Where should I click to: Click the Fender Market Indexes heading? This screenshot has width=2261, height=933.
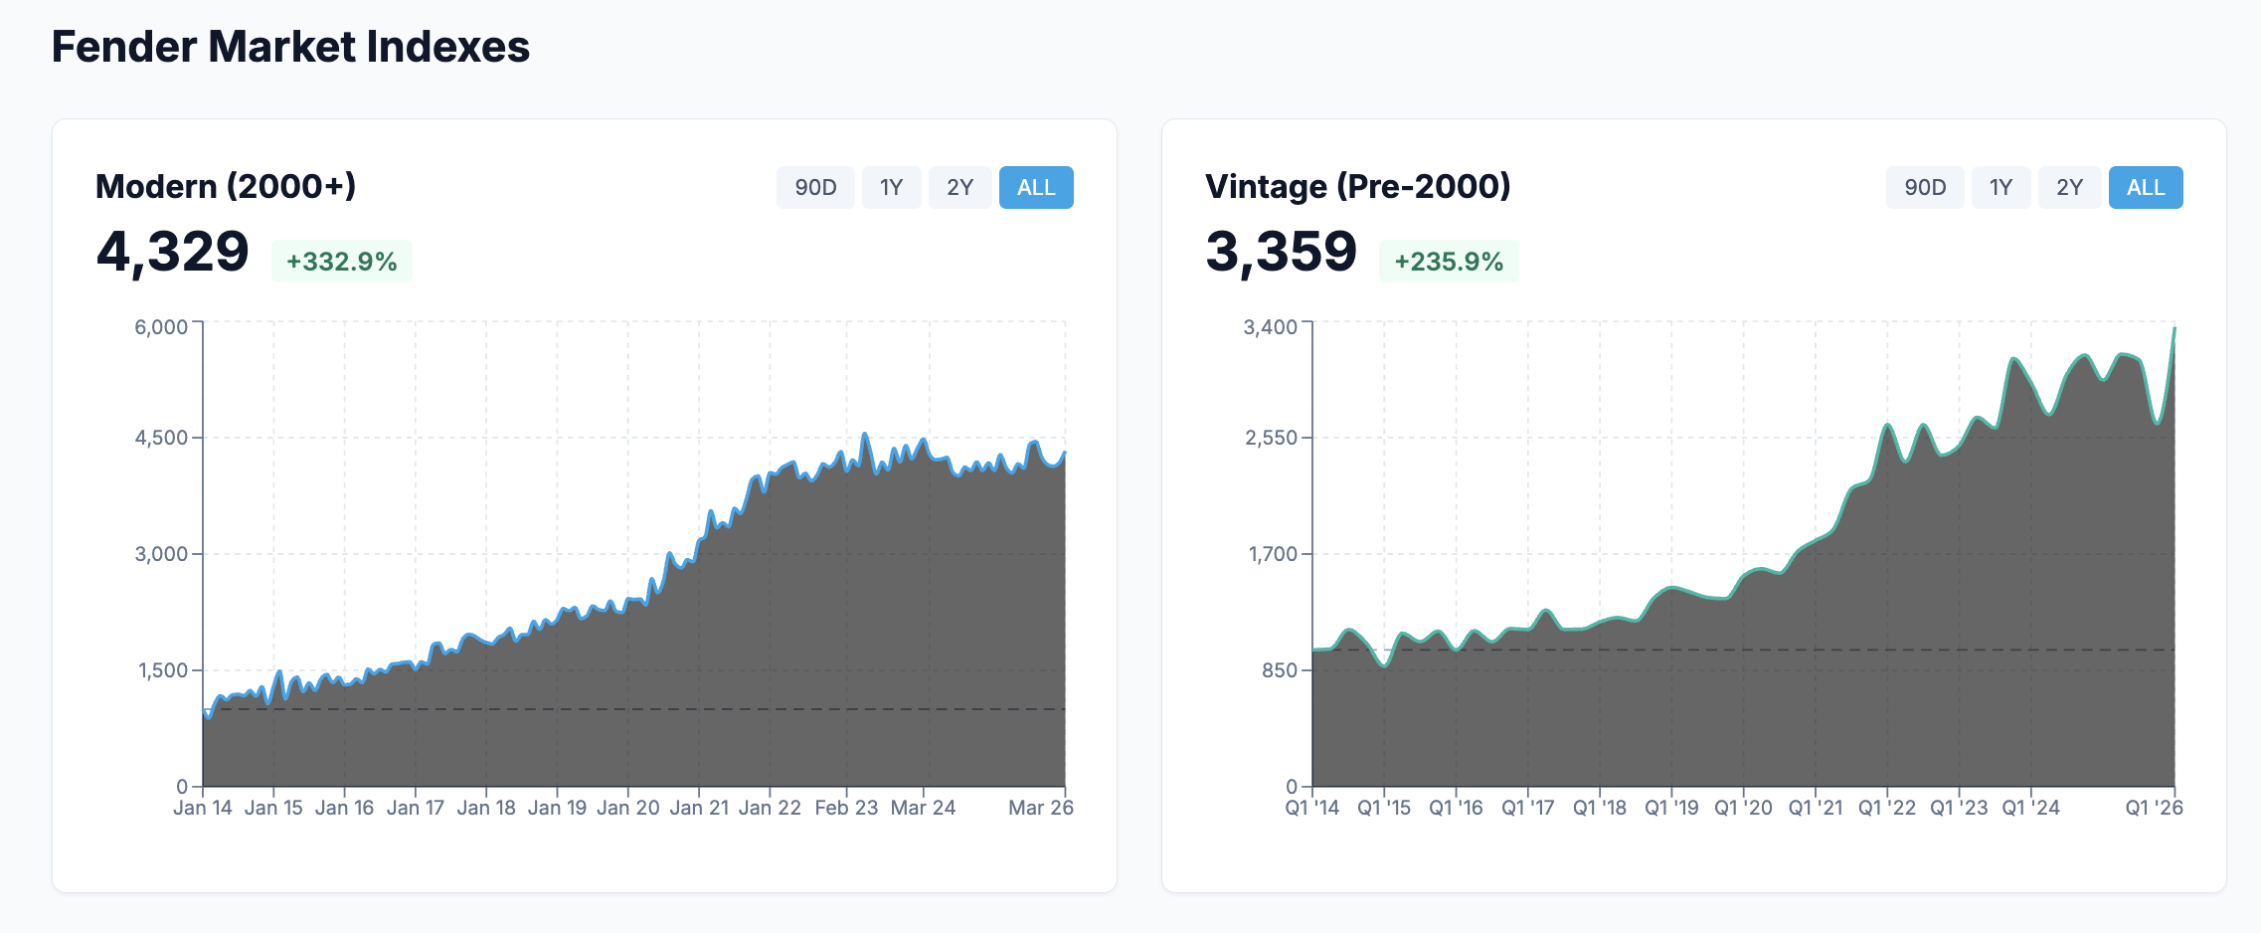[290, 47]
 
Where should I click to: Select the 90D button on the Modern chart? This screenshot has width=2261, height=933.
[815, 187]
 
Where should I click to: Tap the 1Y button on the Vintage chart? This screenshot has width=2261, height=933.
[2000, 187]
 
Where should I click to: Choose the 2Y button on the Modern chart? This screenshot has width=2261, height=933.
[959, 187]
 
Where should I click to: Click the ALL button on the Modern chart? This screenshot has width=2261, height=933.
[1036, 187]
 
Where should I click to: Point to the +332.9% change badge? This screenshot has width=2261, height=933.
[342, 262]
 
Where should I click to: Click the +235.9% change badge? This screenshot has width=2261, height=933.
[1449, 262]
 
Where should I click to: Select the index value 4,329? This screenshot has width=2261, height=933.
[173, 252]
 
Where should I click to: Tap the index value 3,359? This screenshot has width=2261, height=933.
[1282, 252]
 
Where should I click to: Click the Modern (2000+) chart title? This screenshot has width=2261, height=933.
[226, 186]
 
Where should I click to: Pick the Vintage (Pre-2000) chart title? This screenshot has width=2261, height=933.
[1358, 186]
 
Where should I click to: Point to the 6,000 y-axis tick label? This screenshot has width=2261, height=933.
[161, 327]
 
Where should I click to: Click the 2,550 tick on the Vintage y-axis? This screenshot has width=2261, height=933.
[1271, 438]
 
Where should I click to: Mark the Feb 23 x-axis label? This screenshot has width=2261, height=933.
[846, 808]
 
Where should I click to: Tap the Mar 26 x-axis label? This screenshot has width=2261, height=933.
[1041, 808]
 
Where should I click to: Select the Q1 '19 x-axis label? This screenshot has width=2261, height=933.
[1671, 808]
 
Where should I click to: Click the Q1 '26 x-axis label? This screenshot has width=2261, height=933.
[2154, 808]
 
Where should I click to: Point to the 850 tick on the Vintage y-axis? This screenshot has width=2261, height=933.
[1280, 670]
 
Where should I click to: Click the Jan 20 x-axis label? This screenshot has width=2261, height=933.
[628, 808]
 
